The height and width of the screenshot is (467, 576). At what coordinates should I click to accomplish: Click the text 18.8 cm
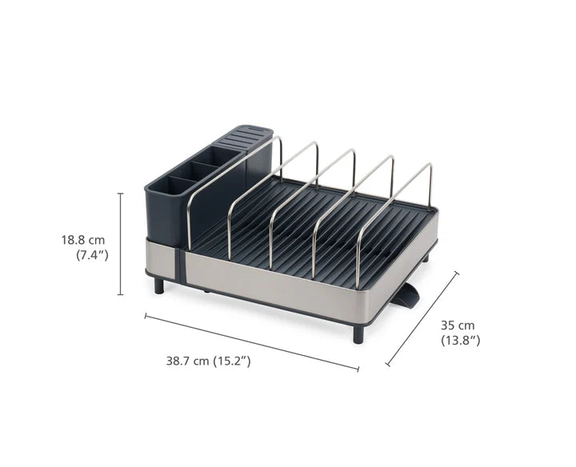coord(85,239)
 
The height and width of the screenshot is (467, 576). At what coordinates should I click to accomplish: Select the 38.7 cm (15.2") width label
coord(208,361)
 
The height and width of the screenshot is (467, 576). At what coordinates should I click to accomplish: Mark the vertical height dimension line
coord(121,244)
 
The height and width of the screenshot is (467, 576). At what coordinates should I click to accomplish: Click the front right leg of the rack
coord(358,333)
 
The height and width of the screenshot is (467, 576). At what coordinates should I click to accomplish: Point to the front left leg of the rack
coord(159,285)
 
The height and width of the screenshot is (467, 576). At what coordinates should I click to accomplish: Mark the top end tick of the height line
coord(121,194)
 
